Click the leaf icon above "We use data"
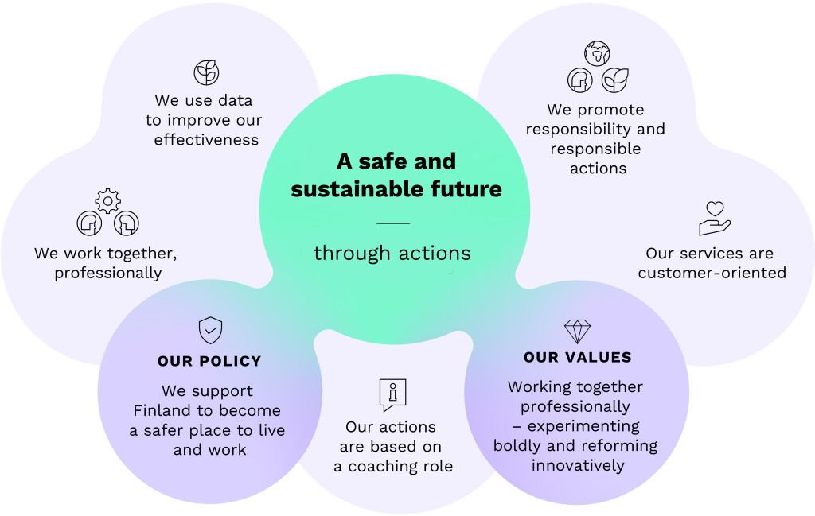(x=206, y=72)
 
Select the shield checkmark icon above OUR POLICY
(x=210, y=329)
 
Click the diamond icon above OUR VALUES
(x=577, y=331)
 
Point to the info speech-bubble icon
(x=392, y=394)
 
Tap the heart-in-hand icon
(x=715, y=218)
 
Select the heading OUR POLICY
(x=209, y=361)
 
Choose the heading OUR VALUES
(x=578, y=357)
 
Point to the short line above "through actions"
(x=392, y=223)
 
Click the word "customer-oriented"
(x=712, y=273)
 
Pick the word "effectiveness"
(x=206, y=139)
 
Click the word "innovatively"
(x=578, y=464)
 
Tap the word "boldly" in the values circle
(x=518, y=445)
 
